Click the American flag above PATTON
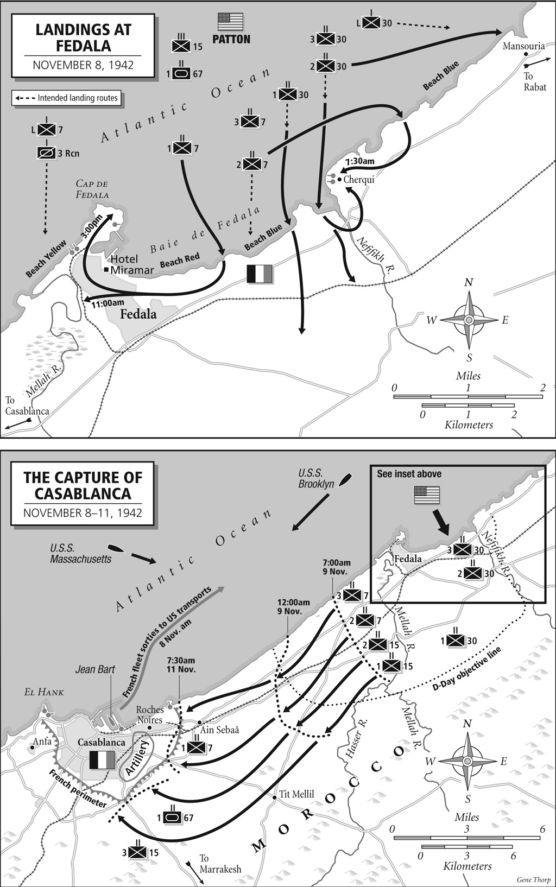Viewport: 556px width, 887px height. pos(231,22)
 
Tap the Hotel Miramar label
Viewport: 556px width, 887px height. pos(124,264)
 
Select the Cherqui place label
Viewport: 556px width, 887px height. pos(359,180)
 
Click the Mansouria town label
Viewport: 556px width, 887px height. pos(523,46)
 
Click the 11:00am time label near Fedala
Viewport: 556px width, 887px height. pos(108,303)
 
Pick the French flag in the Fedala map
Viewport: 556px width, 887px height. pos(259,274)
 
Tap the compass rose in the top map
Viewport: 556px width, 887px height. pos(469,320)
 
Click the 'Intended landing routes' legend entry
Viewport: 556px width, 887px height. pos(67,98)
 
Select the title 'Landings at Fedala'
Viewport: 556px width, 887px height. pos(83,37)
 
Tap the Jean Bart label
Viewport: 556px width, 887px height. pos(95,669)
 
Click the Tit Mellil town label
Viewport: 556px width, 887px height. pos(296,794)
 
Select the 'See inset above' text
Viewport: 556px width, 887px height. pos(409,473)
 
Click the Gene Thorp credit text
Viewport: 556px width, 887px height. pos(533,879)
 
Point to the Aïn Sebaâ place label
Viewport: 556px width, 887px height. pos(220,730)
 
